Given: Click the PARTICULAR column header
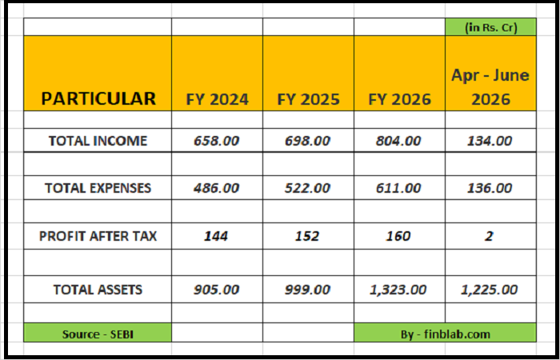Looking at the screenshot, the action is point(98,99).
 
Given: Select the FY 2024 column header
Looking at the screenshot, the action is point(217,99).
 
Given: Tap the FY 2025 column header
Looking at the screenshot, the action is point(308,99).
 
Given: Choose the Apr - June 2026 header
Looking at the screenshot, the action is point(490,86).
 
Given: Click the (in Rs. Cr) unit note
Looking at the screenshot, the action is point(490,27).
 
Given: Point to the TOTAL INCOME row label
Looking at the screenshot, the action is point(98,141).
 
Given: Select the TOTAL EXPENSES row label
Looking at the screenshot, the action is point(98,188).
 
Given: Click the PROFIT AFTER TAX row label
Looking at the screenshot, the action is point(98,236).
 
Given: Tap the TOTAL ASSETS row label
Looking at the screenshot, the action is point(98,290).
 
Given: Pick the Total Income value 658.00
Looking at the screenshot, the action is point(217,141).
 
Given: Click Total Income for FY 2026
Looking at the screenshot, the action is point(398,141).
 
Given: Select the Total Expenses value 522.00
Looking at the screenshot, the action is point(307,188).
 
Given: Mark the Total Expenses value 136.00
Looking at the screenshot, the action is point(490,188).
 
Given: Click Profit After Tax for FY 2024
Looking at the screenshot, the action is point(216,236).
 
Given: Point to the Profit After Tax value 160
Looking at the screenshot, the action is point(398,236).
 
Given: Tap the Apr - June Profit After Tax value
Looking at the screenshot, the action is point(490,236).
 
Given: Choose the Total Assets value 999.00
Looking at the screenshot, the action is point(307,290).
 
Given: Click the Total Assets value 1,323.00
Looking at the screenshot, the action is point(398,290).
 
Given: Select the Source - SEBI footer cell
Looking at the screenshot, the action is point(98,334).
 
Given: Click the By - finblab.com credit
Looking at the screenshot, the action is point(446,334).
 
